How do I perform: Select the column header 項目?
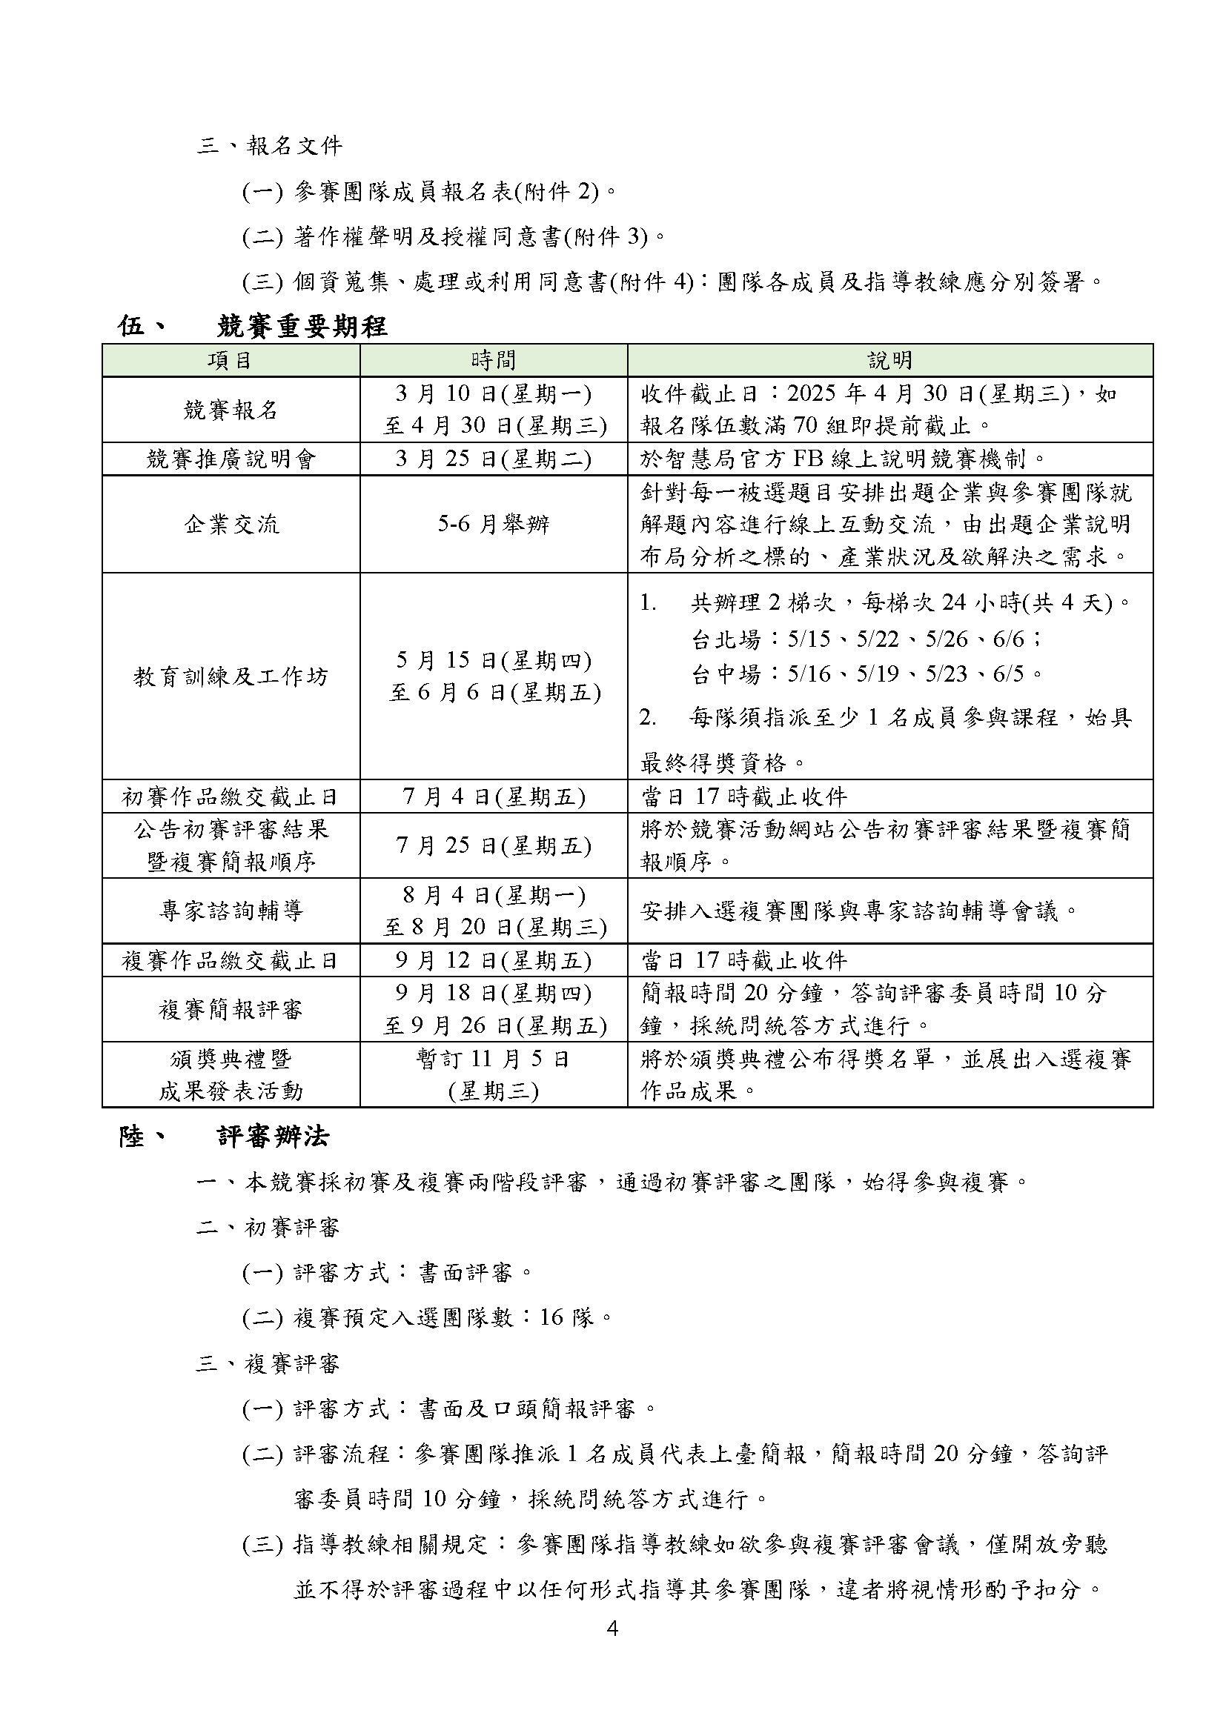pos(231,361)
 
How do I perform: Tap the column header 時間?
pos(494,361)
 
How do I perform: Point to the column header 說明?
pos(890,361)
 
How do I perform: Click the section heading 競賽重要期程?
pos(302,326)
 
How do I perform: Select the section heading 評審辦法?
pos(274,1137)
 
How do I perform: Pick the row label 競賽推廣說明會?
pos(231,459)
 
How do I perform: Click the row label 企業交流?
pos(231,524)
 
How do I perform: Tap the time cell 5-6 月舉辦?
pos(494,524)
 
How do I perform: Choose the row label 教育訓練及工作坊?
pos(231,676)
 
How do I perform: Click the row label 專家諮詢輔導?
pos(231,911)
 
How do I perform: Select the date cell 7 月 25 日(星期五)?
pos(494,845)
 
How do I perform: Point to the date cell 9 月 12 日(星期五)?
pos(494,960)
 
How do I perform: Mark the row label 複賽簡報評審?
pos(231,1009)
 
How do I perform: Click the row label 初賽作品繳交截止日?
pos(231,797)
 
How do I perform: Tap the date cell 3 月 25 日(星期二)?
pos(494,459)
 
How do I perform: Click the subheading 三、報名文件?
pos(270,146)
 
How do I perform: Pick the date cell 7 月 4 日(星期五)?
pos(494,797)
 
